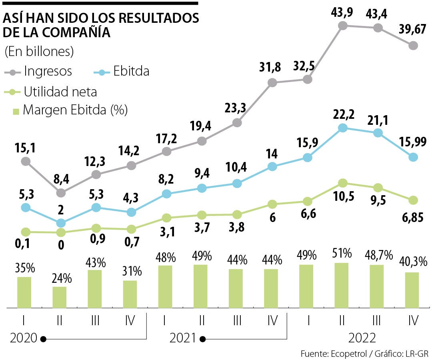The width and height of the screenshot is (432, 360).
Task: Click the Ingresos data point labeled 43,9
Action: [342, 26]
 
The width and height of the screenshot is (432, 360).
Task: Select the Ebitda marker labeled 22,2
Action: [342, 128]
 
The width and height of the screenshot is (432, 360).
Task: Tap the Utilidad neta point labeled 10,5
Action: [342, 183]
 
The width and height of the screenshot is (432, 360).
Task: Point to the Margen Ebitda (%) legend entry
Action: [70, 110]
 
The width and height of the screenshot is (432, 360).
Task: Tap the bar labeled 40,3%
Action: [412, 290]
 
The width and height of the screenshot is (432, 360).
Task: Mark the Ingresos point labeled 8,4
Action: [61, 193]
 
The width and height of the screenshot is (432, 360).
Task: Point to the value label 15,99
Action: [412, 141]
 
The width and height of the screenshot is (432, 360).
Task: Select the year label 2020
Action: [24, 338]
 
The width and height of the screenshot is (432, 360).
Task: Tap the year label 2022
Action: [362, 338]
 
